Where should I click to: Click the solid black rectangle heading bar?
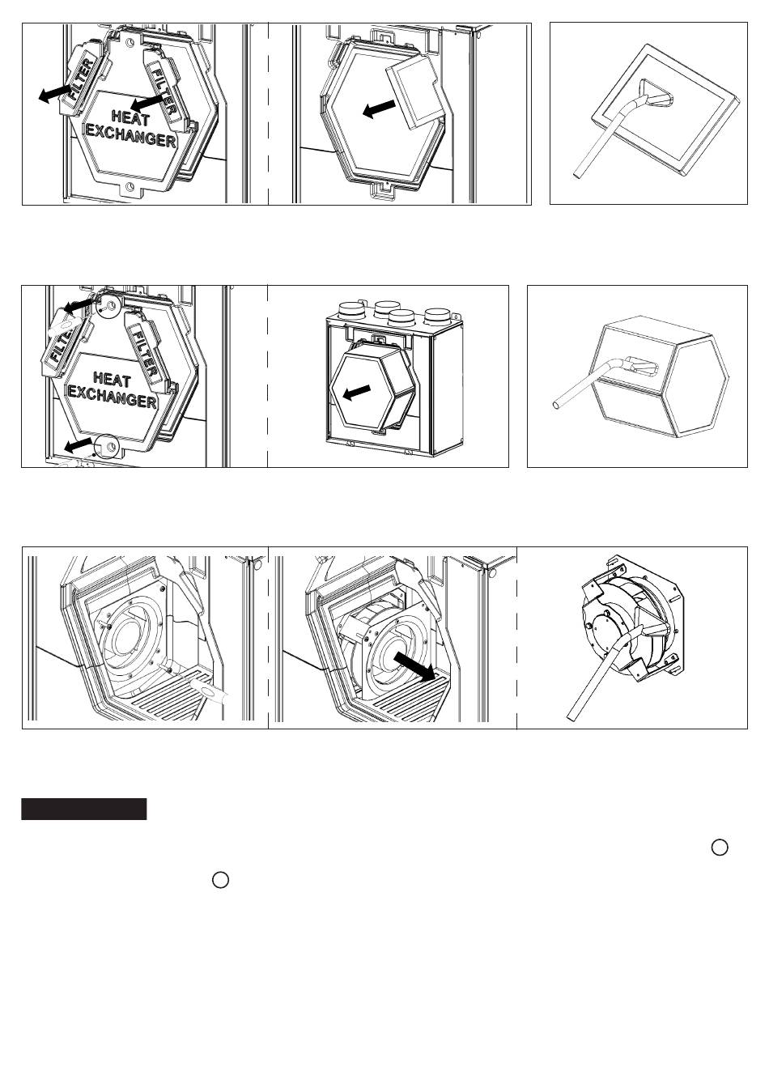[83, 809]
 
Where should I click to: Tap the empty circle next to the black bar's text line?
[220, 880]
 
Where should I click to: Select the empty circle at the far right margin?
[720, 847]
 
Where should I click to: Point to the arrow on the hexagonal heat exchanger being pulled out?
[357, 393]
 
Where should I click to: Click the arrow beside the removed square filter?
[379, 108]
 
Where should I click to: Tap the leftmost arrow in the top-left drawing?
[55, 92]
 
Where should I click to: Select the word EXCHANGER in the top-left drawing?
[131, 137]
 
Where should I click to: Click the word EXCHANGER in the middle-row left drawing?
[113, 397]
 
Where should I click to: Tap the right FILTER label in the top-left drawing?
[164, 91]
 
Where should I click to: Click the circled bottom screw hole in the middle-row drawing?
[105, 445]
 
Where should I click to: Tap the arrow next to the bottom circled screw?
[79, 445]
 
